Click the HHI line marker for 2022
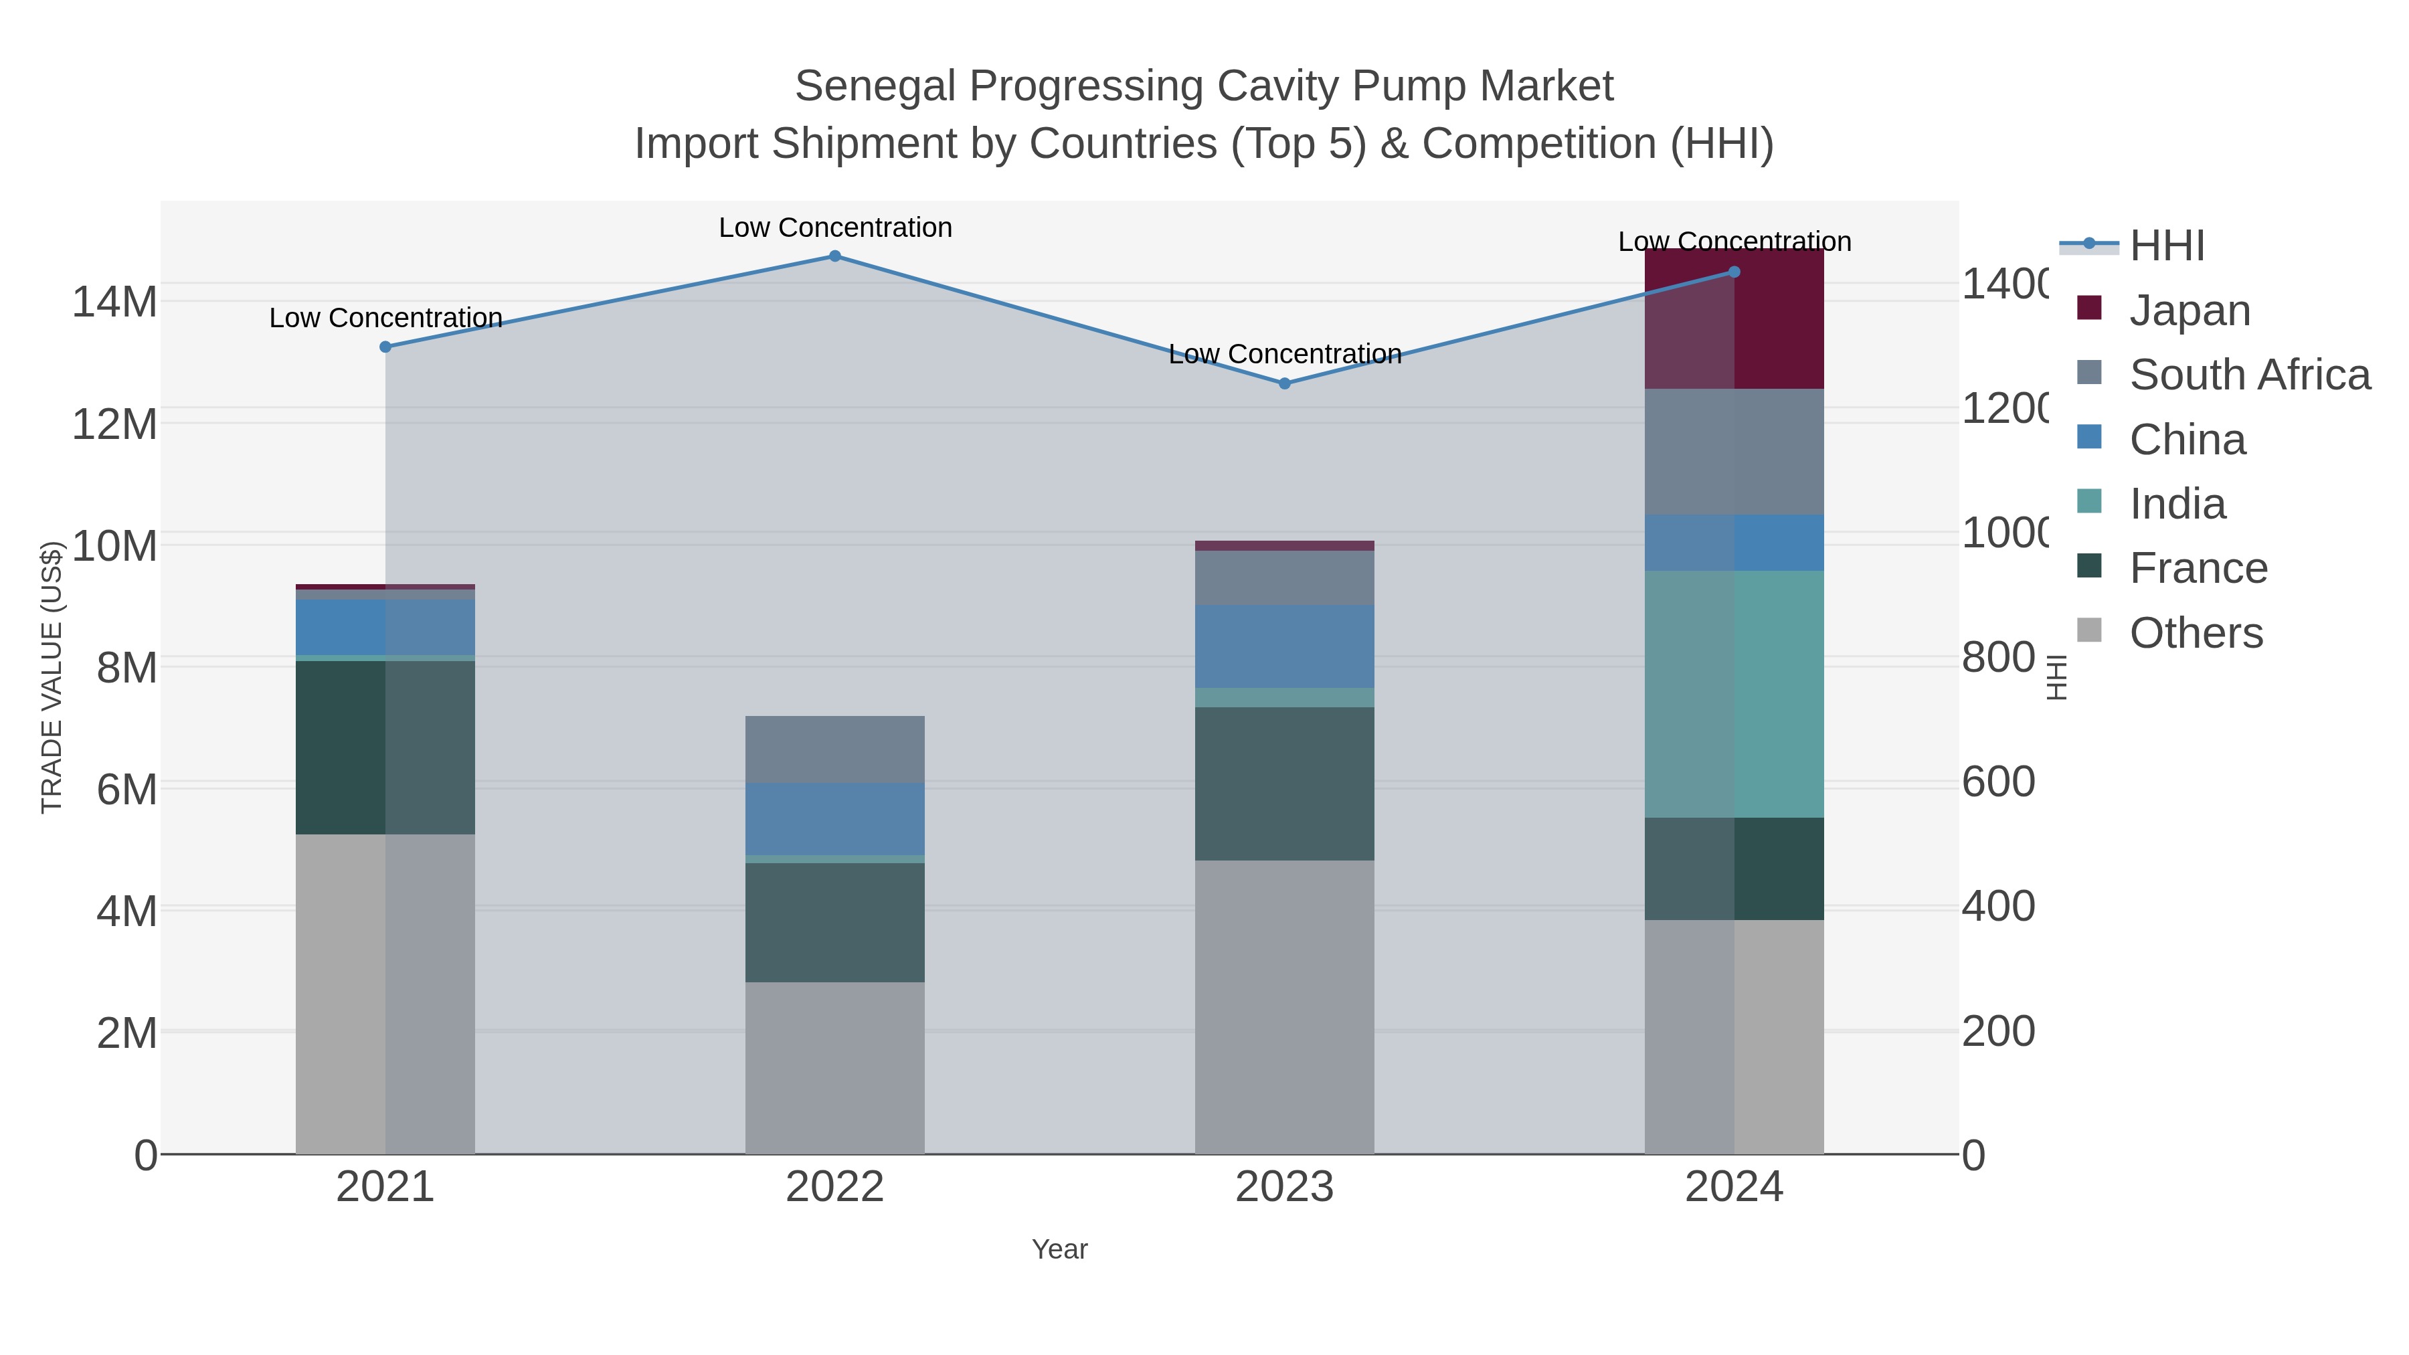[x=834, y=256]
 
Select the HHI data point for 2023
[x=1284, y=383]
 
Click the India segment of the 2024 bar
[x=1734, y=694]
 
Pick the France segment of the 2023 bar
[x=1284, y=784]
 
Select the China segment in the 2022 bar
[x=834, y=819]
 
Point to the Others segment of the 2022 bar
[x=834, y=1068]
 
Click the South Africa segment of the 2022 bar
[x=834, y=749]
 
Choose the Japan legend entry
[x=2188, y=310]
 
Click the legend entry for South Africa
[x=2248, y=375]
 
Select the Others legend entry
[x=2195, y=633]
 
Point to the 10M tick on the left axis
[x=114, y=546]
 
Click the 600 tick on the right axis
[x=1998, y=782]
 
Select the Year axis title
[x=1059, y=1249]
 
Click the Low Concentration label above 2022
[x=834, y=228]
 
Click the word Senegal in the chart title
[x=875, y=86]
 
